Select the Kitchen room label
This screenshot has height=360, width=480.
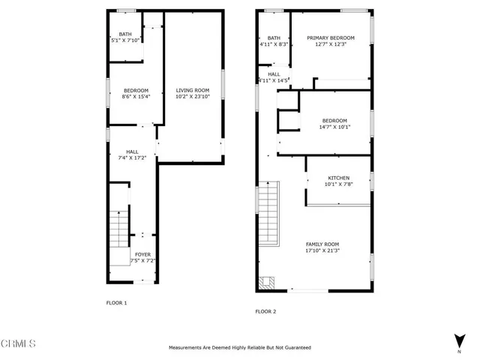click(x=338, y=178)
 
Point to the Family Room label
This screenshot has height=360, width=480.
click(x=322, y=244)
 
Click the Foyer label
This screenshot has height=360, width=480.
click(x=142, y=255)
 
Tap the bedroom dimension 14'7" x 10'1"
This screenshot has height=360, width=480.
click(x=334, y=127)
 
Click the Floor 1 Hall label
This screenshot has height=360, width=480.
click(x=132, y=151)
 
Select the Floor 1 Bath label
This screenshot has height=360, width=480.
click(x=124, y=34)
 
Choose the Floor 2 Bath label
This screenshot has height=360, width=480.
click(x=274, y=38)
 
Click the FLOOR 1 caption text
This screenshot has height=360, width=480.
click(x=116, y=302)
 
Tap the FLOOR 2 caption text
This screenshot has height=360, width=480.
click(x=266, y=310)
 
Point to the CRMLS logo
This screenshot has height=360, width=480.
click(x=19, y=344)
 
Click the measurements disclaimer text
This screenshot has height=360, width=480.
click(x=240, y=348)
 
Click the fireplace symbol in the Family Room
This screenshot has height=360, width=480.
click(x=268, y=283)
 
